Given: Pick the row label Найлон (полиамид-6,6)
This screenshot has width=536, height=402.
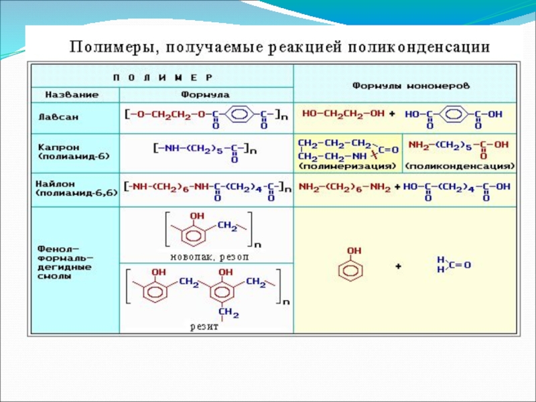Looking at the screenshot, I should pos(74,188).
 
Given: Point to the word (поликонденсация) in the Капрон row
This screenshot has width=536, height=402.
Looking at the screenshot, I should pos(460,164).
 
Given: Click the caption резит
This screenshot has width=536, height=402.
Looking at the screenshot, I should pos(205,327).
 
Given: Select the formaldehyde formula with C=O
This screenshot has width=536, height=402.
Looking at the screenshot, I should pos(453,265).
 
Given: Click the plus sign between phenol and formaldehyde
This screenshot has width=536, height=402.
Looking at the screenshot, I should pos(398,267).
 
